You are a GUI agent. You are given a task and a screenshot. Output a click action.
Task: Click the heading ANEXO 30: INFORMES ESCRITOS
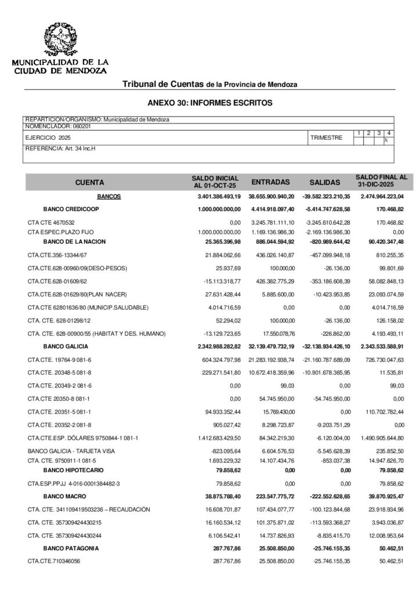pyautogui.click(x=210, y=103)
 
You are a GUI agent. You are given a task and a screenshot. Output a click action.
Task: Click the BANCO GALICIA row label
pyautogui.click(x=66, y=346)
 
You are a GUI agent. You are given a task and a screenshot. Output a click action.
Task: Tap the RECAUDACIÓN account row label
pyautogui.click(x=89, y=509)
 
